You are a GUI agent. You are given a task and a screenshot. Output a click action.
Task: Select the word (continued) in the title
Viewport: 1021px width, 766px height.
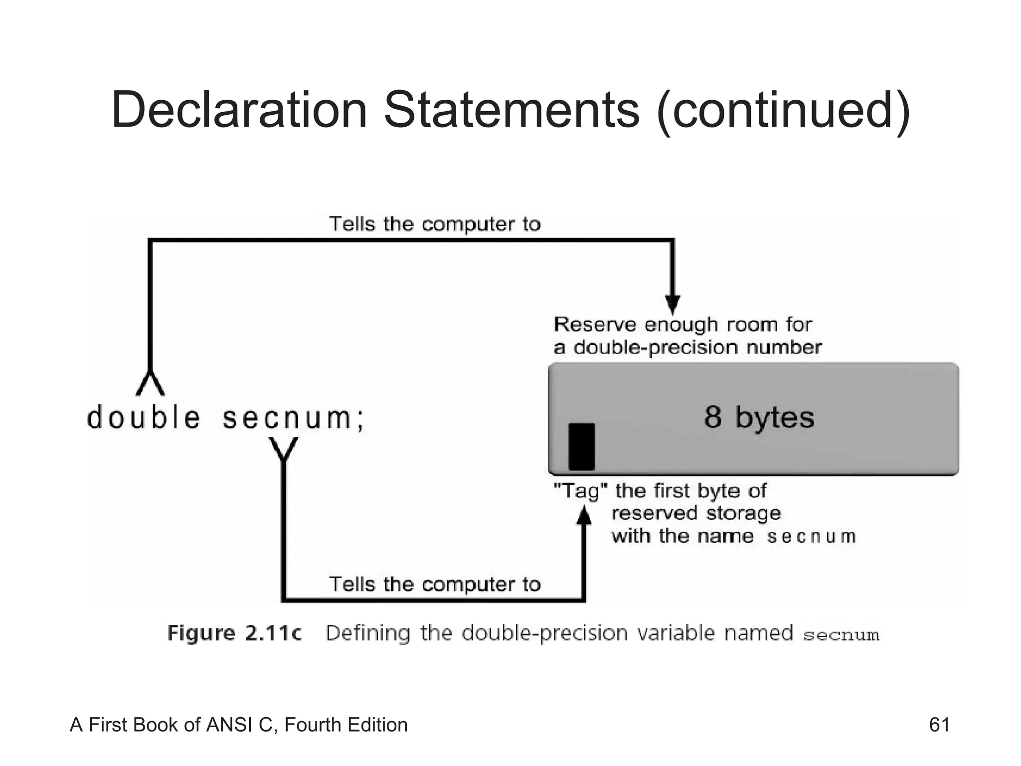click(x=783, y=111)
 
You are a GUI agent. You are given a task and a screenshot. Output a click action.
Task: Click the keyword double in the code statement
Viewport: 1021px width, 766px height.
click(x=144, y=417)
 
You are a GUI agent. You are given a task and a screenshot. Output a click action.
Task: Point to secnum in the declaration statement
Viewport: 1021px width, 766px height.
click(x=287, y=418)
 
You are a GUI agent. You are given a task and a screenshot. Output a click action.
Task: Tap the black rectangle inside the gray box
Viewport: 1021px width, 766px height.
click(x=581, y=446)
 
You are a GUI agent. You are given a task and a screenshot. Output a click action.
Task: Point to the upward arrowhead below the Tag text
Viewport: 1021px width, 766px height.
click(x=584, y=516)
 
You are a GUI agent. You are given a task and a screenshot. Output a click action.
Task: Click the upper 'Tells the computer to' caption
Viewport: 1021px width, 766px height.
click(x=435, y=224)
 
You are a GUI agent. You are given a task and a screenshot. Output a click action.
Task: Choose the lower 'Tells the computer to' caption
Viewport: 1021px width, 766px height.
click(x=435, y=584)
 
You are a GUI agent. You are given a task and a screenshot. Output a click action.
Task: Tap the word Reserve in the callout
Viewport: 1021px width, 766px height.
click(x=595, y=325)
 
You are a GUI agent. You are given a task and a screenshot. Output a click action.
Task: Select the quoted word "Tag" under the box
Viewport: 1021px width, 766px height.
click(x=581, y=491)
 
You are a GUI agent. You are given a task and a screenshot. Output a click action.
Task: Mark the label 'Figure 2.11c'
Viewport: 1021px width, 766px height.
click(x=234, y=633)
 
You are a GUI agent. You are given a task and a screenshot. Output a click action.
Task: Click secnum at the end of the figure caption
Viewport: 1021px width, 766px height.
click(x=841, y=635)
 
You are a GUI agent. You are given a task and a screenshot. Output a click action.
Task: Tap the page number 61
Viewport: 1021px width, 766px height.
click(x=939, y=725)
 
